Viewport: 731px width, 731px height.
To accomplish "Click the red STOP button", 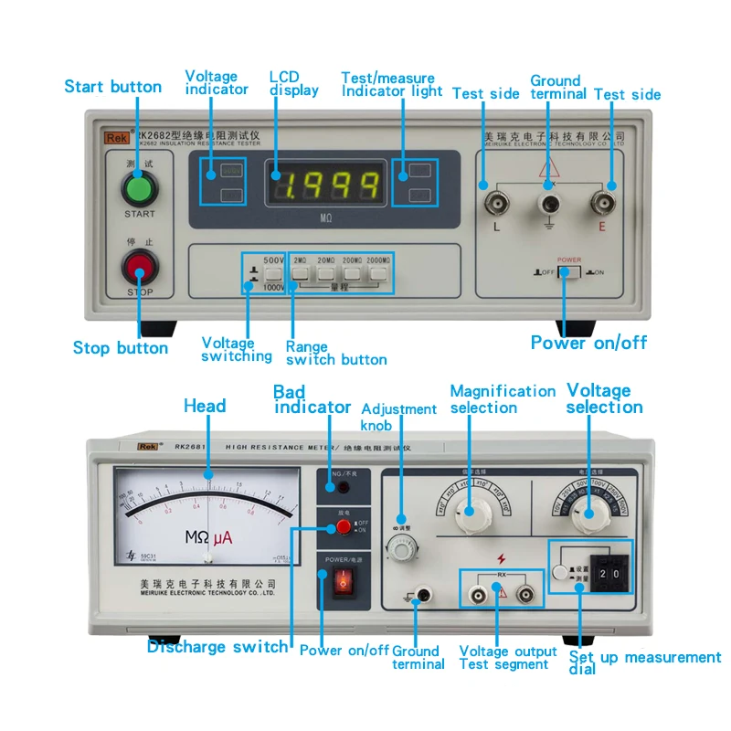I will point(140,268).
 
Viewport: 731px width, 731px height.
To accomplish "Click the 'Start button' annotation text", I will point(112,87).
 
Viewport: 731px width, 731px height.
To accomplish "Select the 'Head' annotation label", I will point(205,406).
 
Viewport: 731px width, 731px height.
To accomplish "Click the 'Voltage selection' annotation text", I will point(604,398).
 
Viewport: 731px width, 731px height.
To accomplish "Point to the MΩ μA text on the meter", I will point(208,538).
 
